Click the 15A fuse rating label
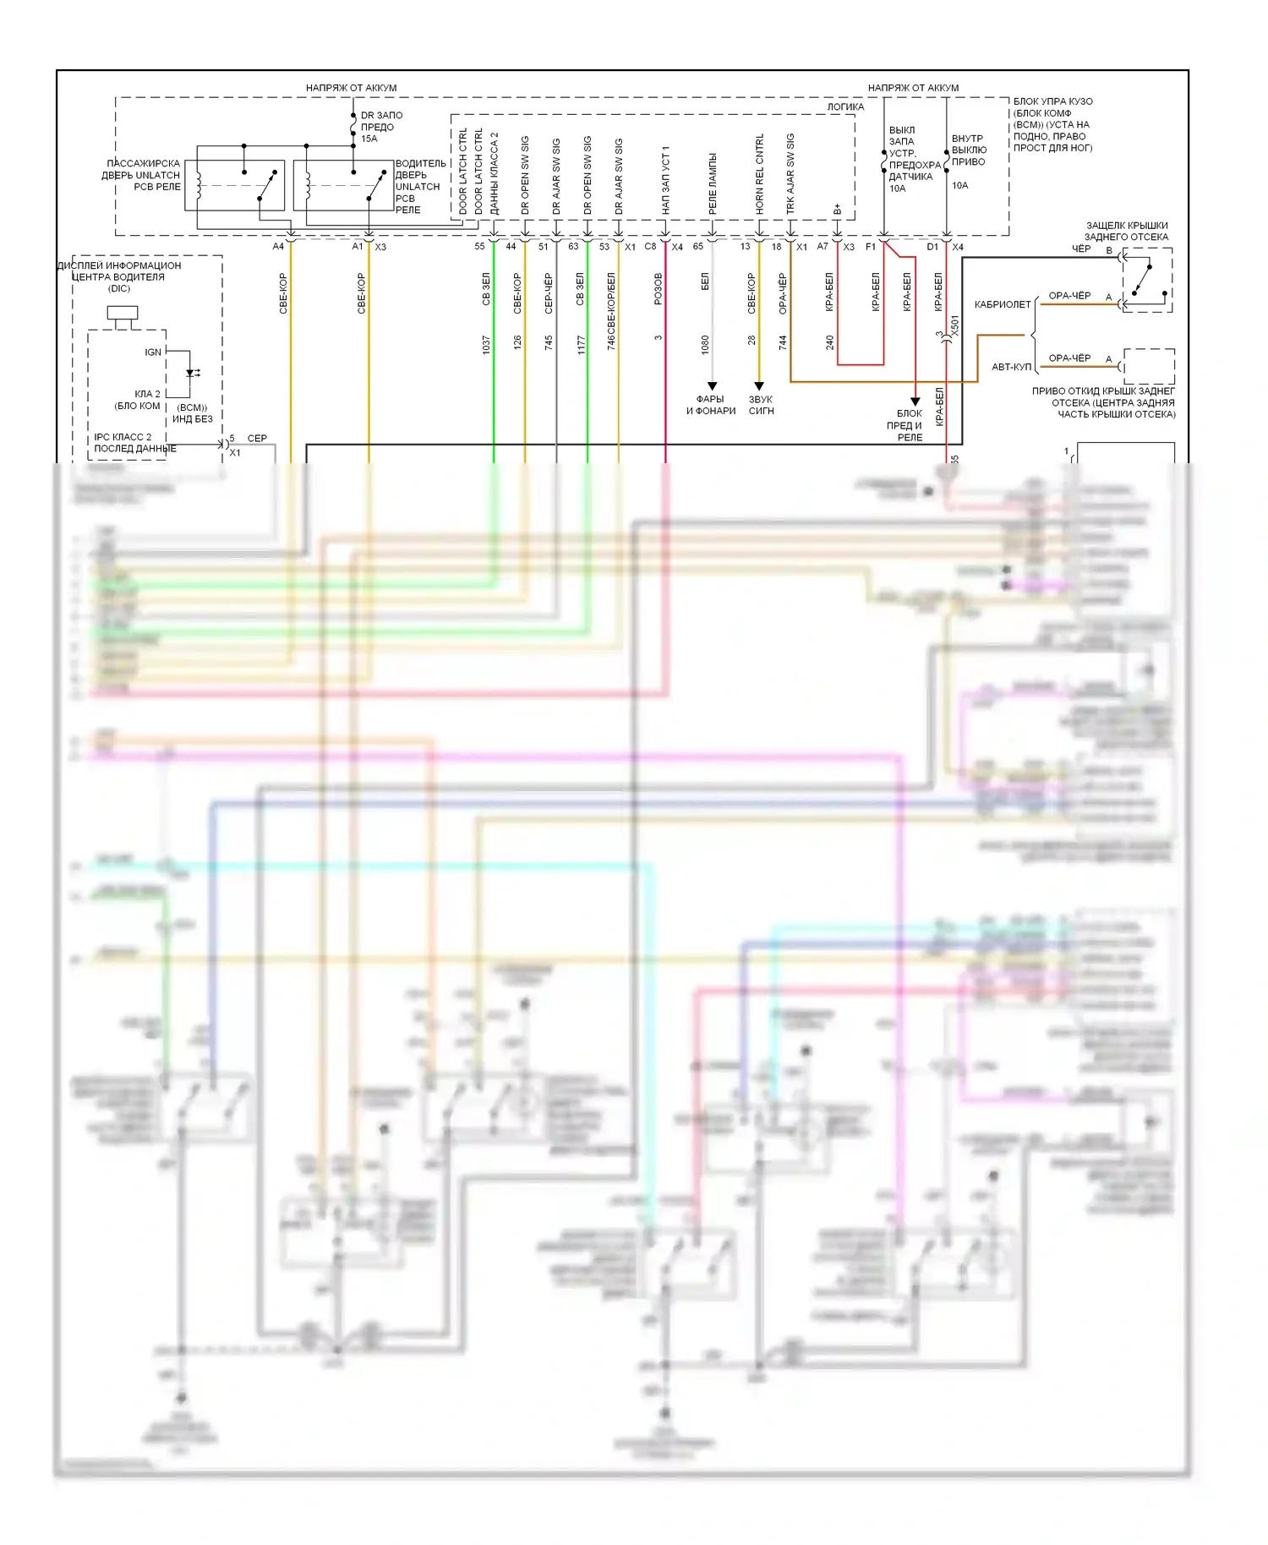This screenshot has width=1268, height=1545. tap(369, 139)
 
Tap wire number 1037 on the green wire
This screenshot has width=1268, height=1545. tap(486, 344)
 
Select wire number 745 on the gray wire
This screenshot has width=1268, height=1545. tap(549, 342)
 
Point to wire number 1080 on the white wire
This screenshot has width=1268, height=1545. tap(705, 343)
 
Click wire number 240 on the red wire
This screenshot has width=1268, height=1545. tap(830, 342)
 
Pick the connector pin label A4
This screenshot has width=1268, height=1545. tap(278, 247)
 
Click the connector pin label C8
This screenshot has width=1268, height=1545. tap(650, 247)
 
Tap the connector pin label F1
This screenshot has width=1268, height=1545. tap(871, 247)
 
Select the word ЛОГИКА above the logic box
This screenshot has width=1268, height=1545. tap(845, 107)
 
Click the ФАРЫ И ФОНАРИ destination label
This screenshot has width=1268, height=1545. tap(711, 405)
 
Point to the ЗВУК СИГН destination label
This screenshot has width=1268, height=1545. tap(761, 405)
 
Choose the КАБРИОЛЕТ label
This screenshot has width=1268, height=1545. tap(1003, 304)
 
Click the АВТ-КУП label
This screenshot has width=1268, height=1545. tap(1011, 367)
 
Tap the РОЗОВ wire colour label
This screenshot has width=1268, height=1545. tap(659, 288)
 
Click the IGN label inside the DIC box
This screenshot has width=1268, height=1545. tap(152, 352)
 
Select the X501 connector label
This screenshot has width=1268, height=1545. tap(955, 326)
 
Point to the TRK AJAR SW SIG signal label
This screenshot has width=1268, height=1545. tap(790, 173)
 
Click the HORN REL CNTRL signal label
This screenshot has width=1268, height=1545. tap(759, 173)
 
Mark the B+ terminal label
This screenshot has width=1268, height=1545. tap(837, 209)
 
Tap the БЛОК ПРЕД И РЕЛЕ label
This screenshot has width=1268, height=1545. tap(907, 425)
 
